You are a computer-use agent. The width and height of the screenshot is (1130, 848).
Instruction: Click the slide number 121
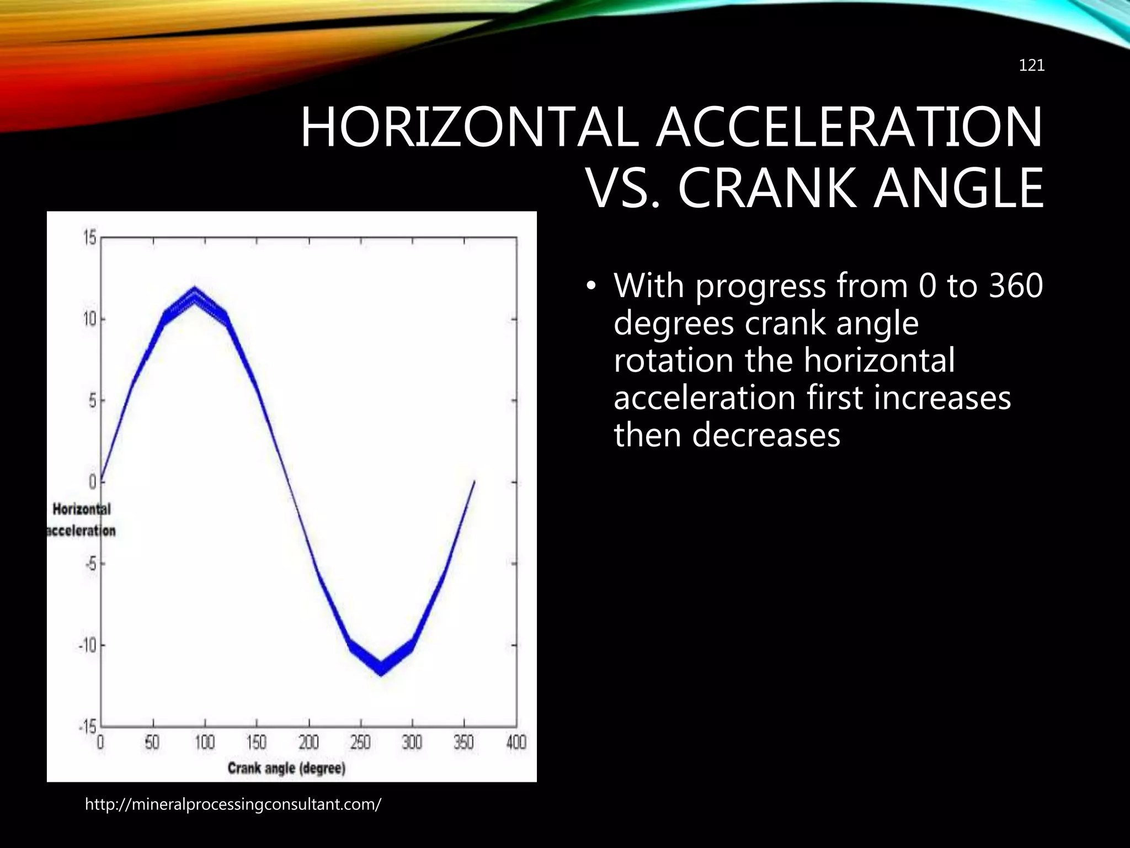(x=1031, y=66)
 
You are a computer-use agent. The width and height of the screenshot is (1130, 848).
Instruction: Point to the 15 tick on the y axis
(x=90, y=239)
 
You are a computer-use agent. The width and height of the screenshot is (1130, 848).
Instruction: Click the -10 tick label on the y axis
(x=87, y=645)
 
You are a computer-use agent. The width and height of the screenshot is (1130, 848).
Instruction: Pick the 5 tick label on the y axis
(x=92, y=400)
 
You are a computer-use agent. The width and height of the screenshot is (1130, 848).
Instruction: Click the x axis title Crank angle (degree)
(x=286, y=768)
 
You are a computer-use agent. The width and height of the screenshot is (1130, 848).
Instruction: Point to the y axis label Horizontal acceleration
(x=82, y=520)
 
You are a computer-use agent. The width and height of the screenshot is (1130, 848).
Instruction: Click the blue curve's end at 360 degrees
(x=474, y=482)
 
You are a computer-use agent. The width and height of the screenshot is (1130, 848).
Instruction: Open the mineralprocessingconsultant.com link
(x=232, y=804)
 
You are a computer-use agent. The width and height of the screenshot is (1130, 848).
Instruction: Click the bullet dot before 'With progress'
(x=591, y=286)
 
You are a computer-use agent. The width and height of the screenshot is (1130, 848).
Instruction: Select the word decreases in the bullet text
(x=765, y=434)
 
